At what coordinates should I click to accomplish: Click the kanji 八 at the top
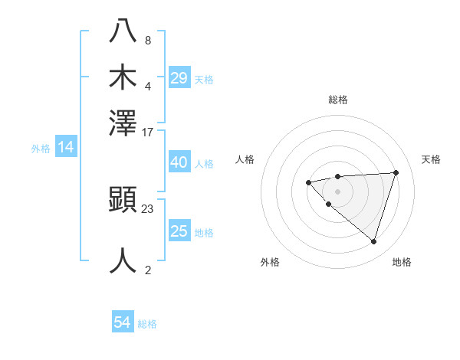[123, 32]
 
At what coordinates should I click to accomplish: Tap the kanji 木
[123, 77]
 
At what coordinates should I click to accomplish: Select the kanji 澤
[123, 123]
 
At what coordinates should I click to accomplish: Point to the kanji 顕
[123, 201]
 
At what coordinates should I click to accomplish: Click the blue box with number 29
[179, 78]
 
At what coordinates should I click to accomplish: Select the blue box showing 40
[179, 162]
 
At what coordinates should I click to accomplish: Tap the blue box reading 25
[179, 231]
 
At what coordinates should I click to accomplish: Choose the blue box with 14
[66, 148]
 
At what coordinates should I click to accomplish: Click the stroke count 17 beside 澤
[148, 132]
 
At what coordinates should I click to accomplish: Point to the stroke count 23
[148, 209]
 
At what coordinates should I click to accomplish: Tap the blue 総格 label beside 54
[147, 324]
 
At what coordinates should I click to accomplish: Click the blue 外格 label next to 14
[40, 149]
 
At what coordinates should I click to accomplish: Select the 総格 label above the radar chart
[337, 100]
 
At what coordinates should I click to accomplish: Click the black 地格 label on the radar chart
[402, 262]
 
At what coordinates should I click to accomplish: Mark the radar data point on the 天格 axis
[396, 172]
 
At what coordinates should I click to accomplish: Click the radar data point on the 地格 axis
[373, 242]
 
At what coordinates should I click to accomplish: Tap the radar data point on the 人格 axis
[308, 182]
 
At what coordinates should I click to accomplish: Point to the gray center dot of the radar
[337, 191]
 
